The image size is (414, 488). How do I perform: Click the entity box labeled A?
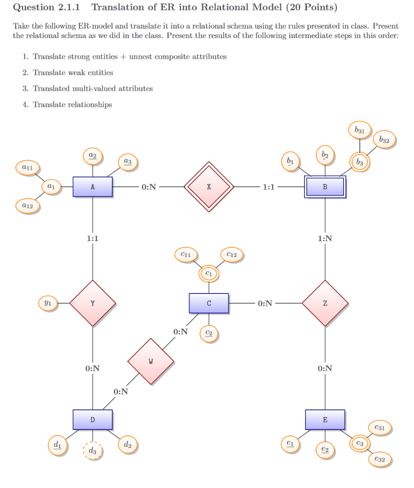pyautogui.click(x=93, y=187)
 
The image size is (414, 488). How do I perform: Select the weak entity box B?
pyautogui.click(x=325, y=186)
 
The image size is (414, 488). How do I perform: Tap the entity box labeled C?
pyautogui.click(x=209, y=303)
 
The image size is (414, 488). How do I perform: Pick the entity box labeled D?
pyautogui.click(x=93, y=419)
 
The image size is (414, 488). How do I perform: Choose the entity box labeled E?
pyautogui.click(x=325, y=419)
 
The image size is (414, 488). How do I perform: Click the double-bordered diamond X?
pyautogui.click(x=209, y=187)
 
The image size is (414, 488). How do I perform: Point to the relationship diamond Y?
pyautogui.click(x=93, y=303)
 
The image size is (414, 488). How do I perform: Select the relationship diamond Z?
pyautogui.click(x=325, y=303)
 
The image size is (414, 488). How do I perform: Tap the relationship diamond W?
pyautogui.click(x=151, y=361)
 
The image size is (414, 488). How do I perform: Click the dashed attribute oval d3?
pyautogui.click(x=93, y=450)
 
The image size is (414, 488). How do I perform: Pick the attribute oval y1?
pyautogui.click(x=48, y=303)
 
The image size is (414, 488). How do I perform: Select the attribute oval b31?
pyautogui.click(x=360, y=130)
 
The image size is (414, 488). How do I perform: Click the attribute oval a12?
pyautogui.click(x=27, y=206)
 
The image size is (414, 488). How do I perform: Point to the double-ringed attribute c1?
pyautogui.click(x=209, y=274)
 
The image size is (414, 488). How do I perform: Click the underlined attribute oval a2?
pyautogui.click(x=93, y=156)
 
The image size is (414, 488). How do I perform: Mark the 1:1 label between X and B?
pyautogui.click(x=268, y=187)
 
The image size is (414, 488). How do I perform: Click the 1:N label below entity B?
pyautogui.click(x=325, y=239)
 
